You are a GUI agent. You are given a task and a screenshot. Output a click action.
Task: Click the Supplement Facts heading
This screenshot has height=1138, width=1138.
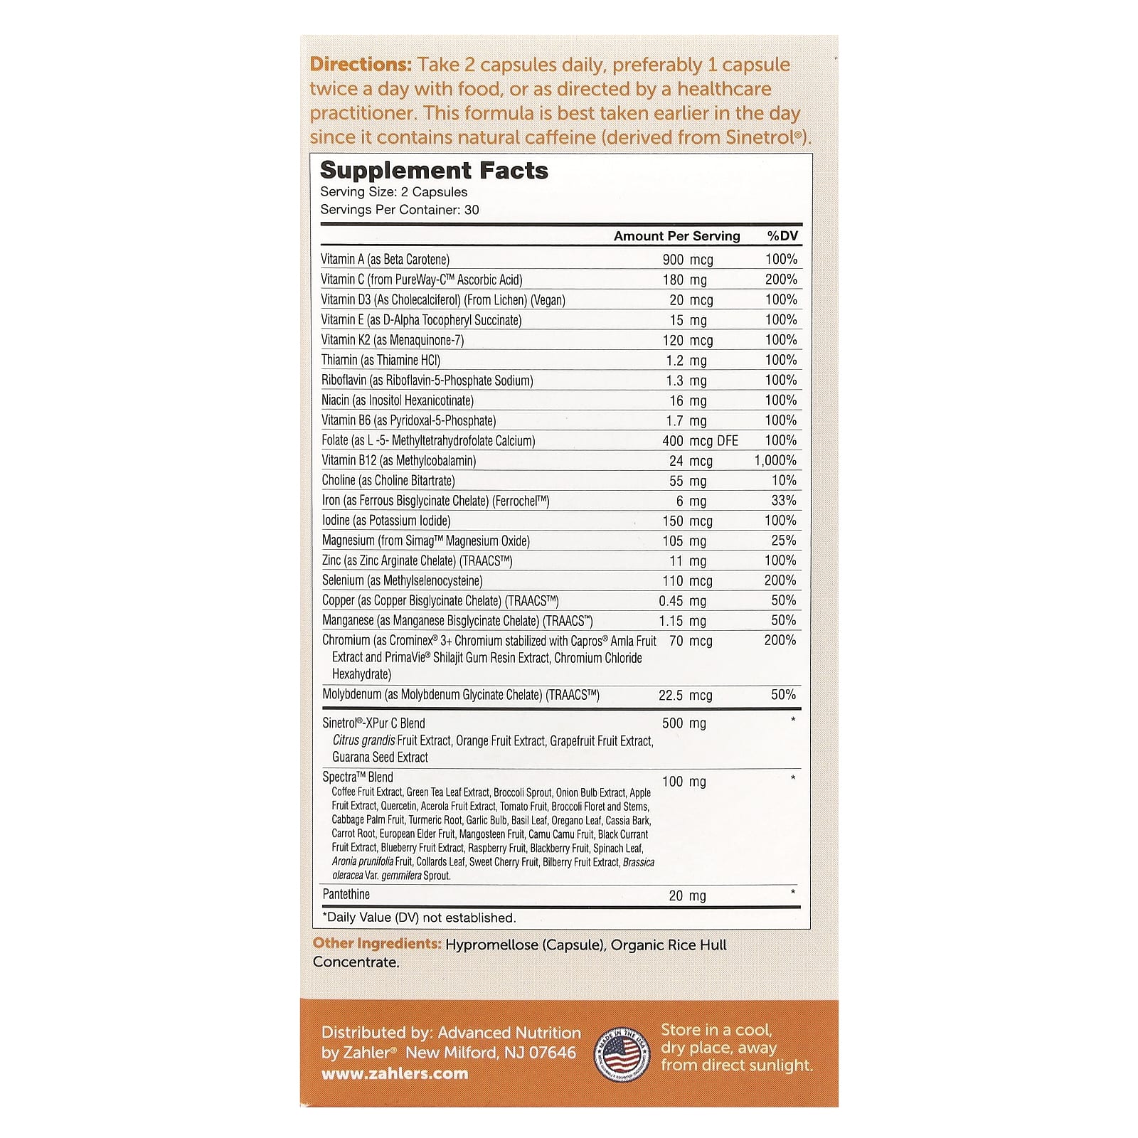coord(434,171)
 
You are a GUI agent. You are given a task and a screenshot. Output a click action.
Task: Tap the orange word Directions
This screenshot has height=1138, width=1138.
coord(361,65)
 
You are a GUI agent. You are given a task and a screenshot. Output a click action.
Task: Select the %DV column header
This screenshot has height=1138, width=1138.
coord(782,236)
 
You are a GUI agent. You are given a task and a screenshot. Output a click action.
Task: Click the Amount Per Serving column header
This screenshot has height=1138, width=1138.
coord(676,236)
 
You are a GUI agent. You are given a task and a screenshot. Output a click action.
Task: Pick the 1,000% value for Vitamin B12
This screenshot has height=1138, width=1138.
coord(775,461)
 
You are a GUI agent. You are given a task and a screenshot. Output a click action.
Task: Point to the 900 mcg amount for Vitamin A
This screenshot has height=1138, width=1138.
coord(687,260)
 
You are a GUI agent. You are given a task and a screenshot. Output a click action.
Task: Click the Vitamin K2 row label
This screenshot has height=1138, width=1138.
coord(392,340)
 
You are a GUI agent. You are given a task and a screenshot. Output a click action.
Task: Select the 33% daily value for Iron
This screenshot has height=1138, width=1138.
coord(784,501)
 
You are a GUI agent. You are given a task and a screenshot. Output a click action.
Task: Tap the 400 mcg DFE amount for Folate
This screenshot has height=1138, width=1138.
coord(700,441)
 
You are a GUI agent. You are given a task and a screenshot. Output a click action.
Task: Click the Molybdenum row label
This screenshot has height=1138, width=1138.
coord(461,695)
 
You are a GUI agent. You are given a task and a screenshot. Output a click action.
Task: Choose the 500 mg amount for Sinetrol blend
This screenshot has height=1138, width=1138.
coord(684,724)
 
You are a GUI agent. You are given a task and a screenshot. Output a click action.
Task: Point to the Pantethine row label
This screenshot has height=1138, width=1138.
coord(346,895)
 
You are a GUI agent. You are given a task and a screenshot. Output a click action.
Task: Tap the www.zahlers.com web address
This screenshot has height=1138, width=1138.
coord(395,1074)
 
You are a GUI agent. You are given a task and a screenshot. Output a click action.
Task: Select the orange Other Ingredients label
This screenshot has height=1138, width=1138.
coord(377,944)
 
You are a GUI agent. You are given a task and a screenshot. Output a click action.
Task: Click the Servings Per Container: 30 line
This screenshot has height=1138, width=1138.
coord(399,210)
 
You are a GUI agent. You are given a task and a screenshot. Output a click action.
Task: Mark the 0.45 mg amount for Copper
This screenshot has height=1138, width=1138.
coord(682,601)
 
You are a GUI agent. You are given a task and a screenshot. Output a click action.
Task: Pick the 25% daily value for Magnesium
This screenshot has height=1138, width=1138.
coord(784,541)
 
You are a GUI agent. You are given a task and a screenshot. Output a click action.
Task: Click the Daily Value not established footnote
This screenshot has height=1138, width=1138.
coord(419,918)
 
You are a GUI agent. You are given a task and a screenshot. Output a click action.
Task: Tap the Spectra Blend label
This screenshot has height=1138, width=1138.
coord(357,777)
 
